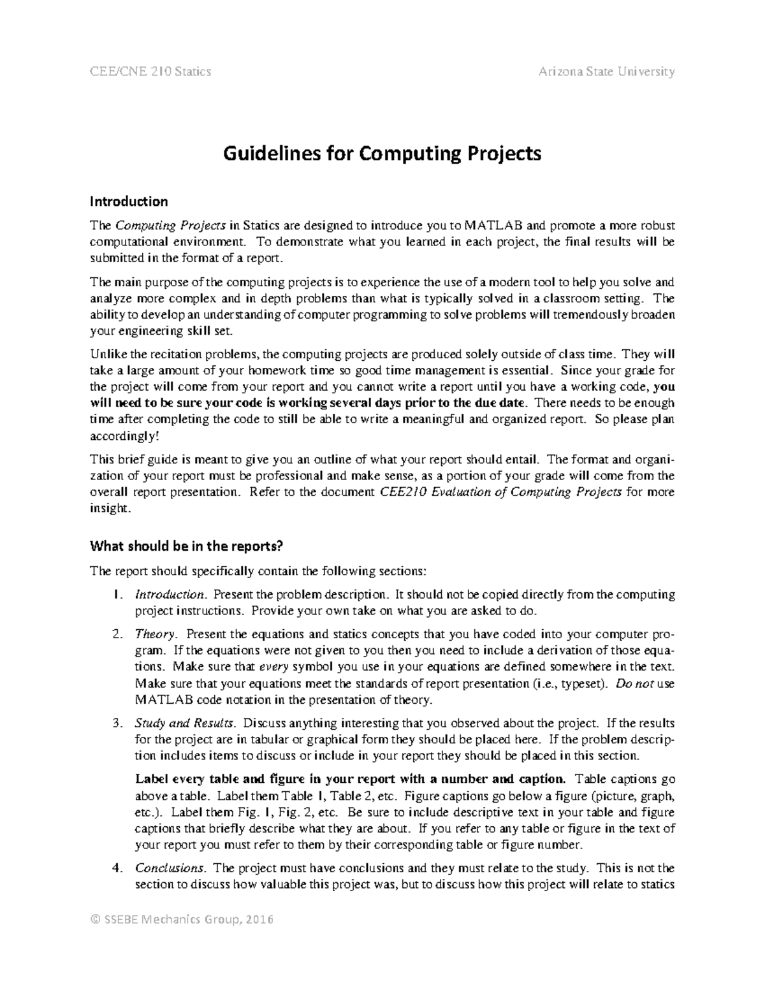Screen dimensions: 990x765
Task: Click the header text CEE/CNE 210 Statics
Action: [150, 71]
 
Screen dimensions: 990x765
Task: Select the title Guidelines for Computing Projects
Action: [382, 154]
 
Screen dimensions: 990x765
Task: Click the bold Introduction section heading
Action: [129, 201]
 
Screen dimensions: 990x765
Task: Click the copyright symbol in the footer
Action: [95, 919]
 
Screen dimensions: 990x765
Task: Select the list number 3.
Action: [117, 724]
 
